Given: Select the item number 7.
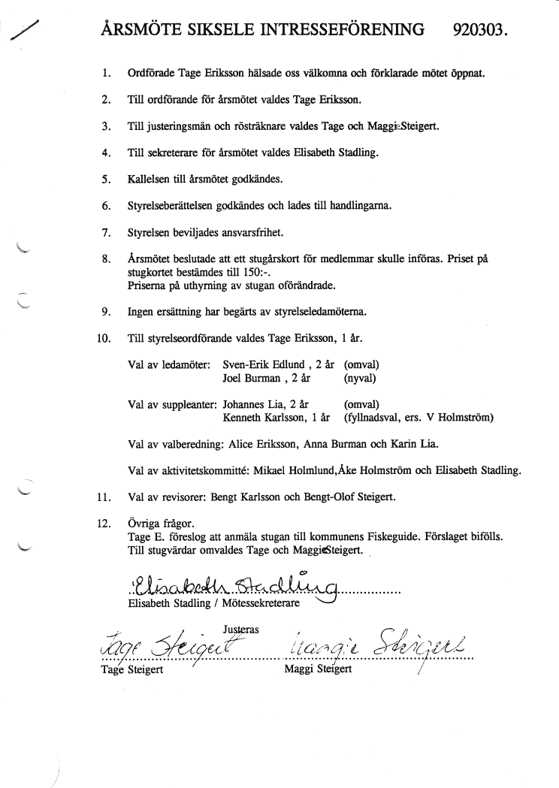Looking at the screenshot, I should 106,231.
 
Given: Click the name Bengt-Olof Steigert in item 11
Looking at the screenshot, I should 353,497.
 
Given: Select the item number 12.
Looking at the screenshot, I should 104,524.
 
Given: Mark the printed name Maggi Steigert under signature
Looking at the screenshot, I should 318,670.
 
